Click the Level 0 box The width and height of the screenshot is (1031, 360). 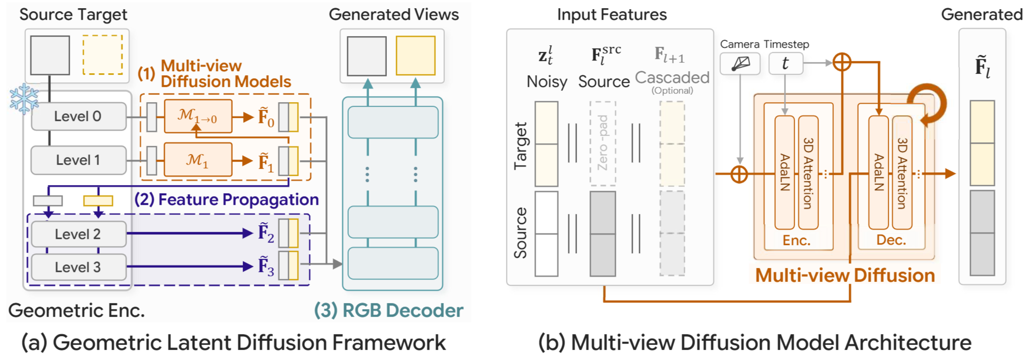78,116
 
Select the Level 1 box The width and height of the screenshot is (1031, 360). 78,160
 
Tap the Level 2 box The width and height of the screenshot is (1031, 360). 78,234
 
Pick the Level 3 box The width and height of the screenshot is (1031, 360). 78,267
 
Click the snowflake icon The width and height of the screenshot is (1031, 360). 24,99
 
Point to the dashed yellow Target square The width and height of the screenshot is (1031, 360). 103,55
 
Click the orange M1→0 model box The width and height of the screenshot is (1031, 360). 198,116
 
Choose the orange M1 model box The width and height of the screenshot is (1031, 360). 198,160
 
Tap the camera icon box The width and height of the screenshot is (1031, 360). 740,64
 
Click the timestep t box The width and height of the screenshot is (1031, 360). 785,64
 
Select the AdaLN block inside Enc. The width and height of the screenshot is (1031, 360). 784,172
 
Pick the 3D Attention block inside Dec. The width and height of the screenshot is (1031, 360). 902,172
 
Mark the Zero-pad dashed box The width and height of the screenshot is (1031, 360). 602,143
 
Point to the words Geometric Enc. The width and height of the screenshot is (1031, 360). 76,310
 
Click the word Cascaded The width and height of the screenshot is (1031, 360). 672,77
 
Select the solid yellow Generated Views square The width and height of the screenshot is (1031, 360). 415,55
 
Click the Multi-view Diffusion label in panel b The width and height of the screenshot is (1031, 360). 844,275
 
